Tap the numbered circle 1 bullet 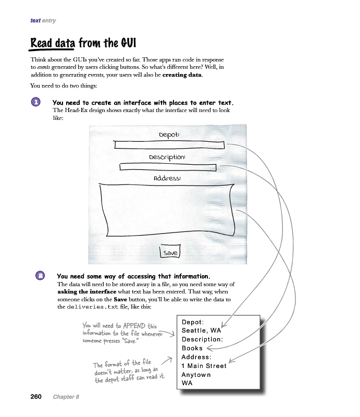coord(36,102)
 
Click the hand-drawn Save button coord(170,253)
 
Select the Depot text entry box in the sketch coord(169,145)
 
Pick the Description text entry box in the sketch coord(168,167)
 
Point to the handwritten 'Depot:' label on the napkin coord(169,135)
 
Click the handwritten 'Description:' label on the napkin coord(167,157)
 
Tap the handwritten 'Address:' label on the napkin coord(167,178)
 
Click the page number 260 coord(35,397)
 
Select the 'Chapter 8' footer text coord(66,397)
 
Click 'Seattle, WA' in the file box coord(201,330)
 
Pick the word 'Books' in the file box coord(192,348)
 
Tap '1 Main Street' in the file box coord(204,366)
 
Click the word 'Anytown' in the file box coord(196,375)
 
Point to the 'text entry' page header coord(43,21)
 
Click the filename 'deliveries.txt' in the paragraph coord(92,308)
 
